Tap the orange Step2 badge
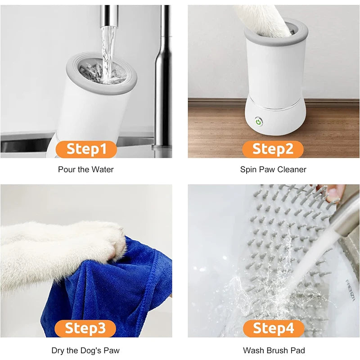[x=273, y=149]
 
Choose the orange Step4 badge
[x=273, y=328]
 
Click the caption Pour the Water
[x=86, y=170]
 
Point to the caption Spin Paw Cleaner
[x=273, y=170]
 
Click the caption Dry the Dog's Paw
[x=86, y=350]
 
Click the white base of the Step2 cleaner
[x=274, y=119]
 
